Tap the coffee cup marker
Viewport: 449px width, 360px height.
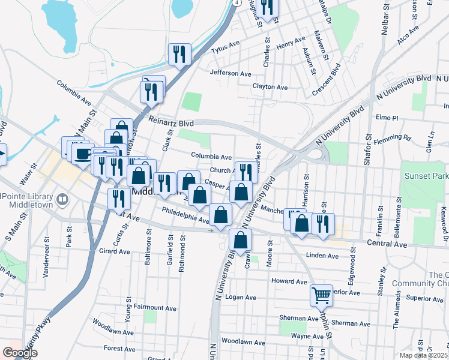82,153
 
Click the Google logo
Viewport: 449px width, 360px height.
20,353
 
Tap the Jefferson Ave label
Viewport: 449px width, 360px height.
231,73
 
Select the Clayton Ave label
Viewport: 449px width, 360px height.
270,87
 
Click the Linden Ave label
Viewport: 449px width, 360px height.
322,256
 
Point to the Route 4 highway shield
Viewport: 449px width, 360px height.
237,3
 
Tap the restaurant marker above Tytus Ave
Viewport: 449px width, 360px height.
179,55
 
